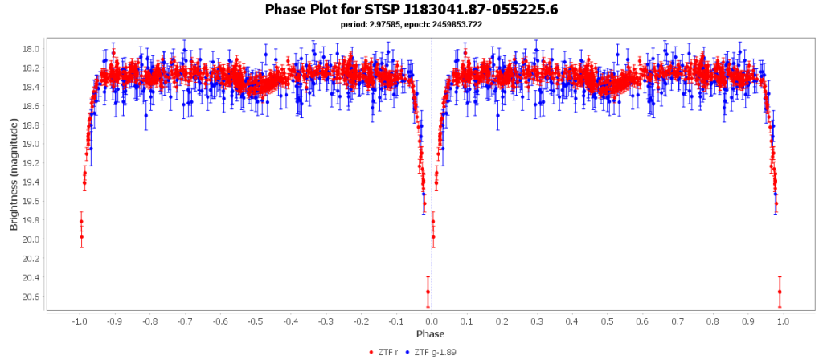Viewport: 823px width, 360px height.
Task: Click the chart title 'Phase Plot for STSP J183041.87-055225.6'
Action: pyautogui.click(x=411, y=10)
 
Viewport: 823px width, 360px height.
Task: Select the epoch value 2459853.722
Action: pyautogui.click(x=461, y=24)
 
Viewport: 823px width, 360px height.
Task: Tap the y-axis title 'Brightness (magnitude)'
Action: pyautogui.click(x=14, y=174)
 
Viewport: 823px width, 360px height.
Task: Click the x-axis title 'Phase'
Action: pyautogui.click(x=431, y=333)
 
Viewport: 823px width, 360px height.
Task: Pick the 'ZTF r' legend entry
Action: pyautogui.click(x=383, y=352)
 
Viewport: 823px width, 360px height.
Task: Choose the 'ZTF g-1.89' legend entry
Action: pyautogui.click(x=431, y=352)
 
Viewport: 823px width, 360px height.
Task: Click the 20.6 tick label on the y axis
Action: pyautogui.click(x=32, y=297)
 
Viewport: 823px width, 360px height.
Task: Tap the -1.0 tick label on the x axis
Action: pyautogui.click(x=79, y=321)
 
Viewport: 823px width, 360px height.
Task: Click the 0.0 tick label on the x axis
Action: pyautogui.click(x=432, y=321)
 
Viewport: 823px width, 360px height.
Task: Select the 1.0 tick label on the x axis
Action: pyautogui.click(x=784, y=321)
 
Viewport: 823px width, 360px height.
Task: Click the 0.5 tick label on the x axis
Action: pyautogui.click(x=608, y=321)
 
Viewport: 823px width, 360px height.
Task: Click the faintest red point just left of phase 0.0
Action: pyautogui.click(x=428, y=292)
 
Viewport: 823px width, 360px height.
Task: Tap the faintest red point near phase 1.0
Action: pyautogui.click(x=780, y=292)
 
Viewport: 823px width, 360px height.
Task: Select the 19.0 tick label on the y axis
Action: pyautogui.click(x=32, y=144)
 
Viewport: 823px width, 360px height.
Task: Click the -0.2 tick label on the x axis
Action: pyautogui.click(x=361, y=321)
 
